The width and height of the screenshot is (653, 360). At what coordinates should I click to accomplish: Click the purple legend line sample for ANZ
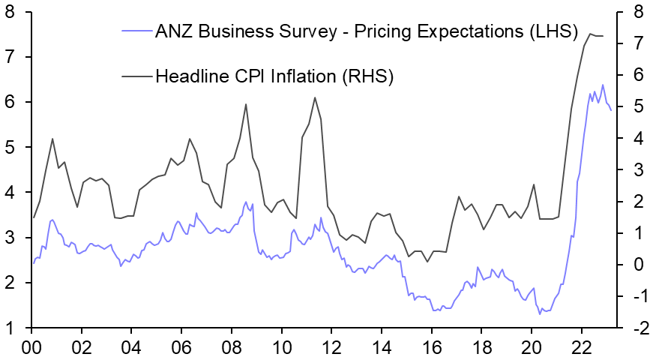[x=136, y=31]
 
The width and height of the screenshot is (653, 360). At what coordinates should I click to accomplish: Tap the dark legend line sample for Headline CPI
[x=136, y=76]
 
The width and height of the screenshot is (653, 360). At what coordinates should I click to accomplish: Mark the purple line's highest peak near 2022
[x=602, y=85]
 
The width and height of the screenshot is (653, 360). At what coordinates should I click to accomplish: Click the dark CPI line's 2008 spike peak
[x=246, y=104]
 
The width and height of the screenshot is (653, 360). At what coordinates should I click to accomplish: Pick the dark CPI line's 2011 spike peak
[x=315, y=97]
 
